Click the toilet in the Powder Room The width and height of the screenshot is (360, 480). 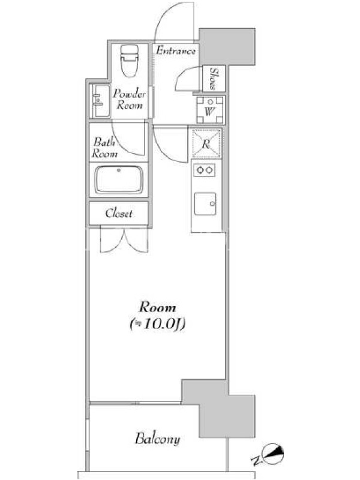click(x=130, y=61)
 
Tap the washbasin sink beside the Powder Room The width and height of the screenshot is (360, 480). click(x=100, y=101)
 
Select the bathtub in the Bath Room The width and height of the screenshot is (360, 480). click(x=118, y=180)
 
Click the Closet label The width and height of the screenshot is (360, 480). click(x=119, y=214)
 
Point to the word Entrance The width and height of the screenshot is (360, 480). click(x=175, y=50)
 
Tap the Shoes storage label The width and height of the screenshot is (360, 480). click(x=214, y=79)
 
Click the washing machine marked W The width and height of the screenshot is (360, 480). click(x=210, y=110)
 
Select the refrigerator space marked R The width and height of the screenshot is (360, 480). click(x=206, y=143)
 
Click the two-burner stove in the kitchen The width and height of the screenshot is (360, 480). click(x=204, y=170)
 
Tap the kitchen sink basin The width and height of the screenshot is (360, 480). click(x=205, y=204)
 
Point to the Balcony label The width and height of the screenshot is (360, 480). click(x=157, y=439)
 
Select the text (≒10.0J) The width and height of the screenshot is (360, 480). click(x=158, y=325)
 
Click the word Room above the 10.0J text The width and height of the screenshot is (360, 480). click(x=158, y=307)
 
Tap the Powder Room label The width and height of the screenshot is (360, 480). click(x=130, y=99)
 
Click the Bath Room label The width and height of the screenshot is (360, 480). click(x=104, y=148)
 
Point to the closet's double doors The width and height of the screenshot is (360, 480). click(x=124, y=241)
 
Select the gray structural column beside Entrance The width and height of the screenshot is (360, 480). click(x=227, y=47)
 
